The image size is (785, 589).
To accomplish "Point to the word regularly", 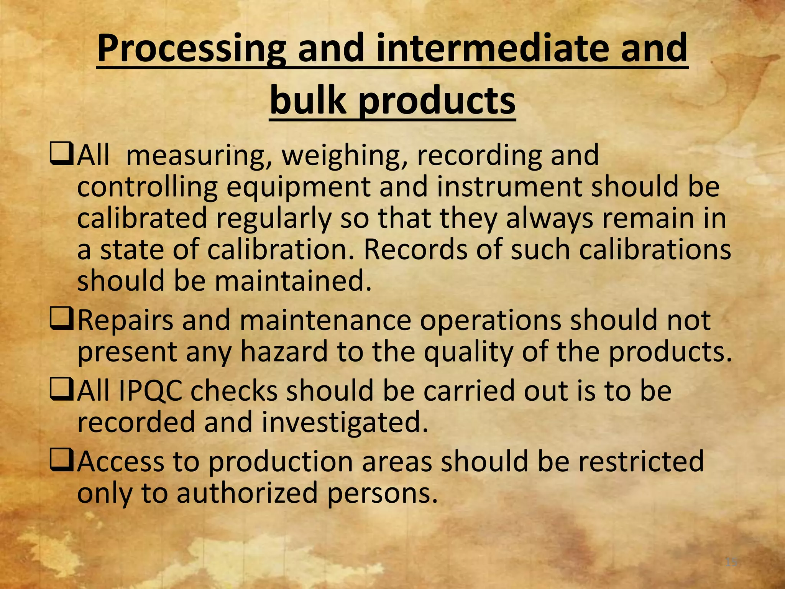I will click(x=274, y=218).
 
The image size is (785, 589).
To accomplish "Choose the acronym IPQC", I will click(x=151, y=392).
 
